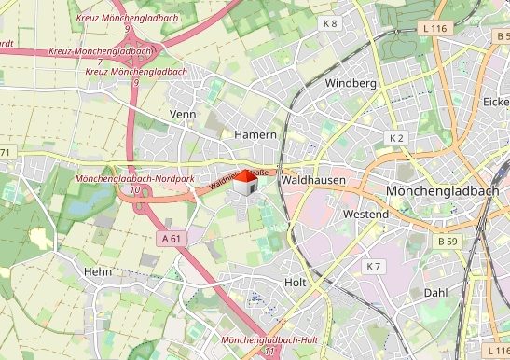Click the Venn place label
click(x=183, y=114)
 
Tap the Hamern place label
click(x=255, y=135)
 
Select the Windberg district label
click(x=350, y=84)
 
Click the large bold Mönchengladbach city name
click(x=441, y=191)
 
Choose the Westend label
click(x=365, y=215)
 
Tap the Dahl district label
click(x=435, y=292)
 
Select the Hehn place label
click(x=97, y=271)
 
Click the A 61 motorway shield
click(x=172, y=239)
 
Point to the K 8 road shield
click(x=330, y=22)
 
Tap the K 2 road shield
click(x=396, y=138)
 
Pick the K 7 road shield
click(x=373, y=267)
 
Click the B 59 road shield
click(x=448, y=241)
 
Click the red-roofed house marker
click(x=244, y=182)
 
